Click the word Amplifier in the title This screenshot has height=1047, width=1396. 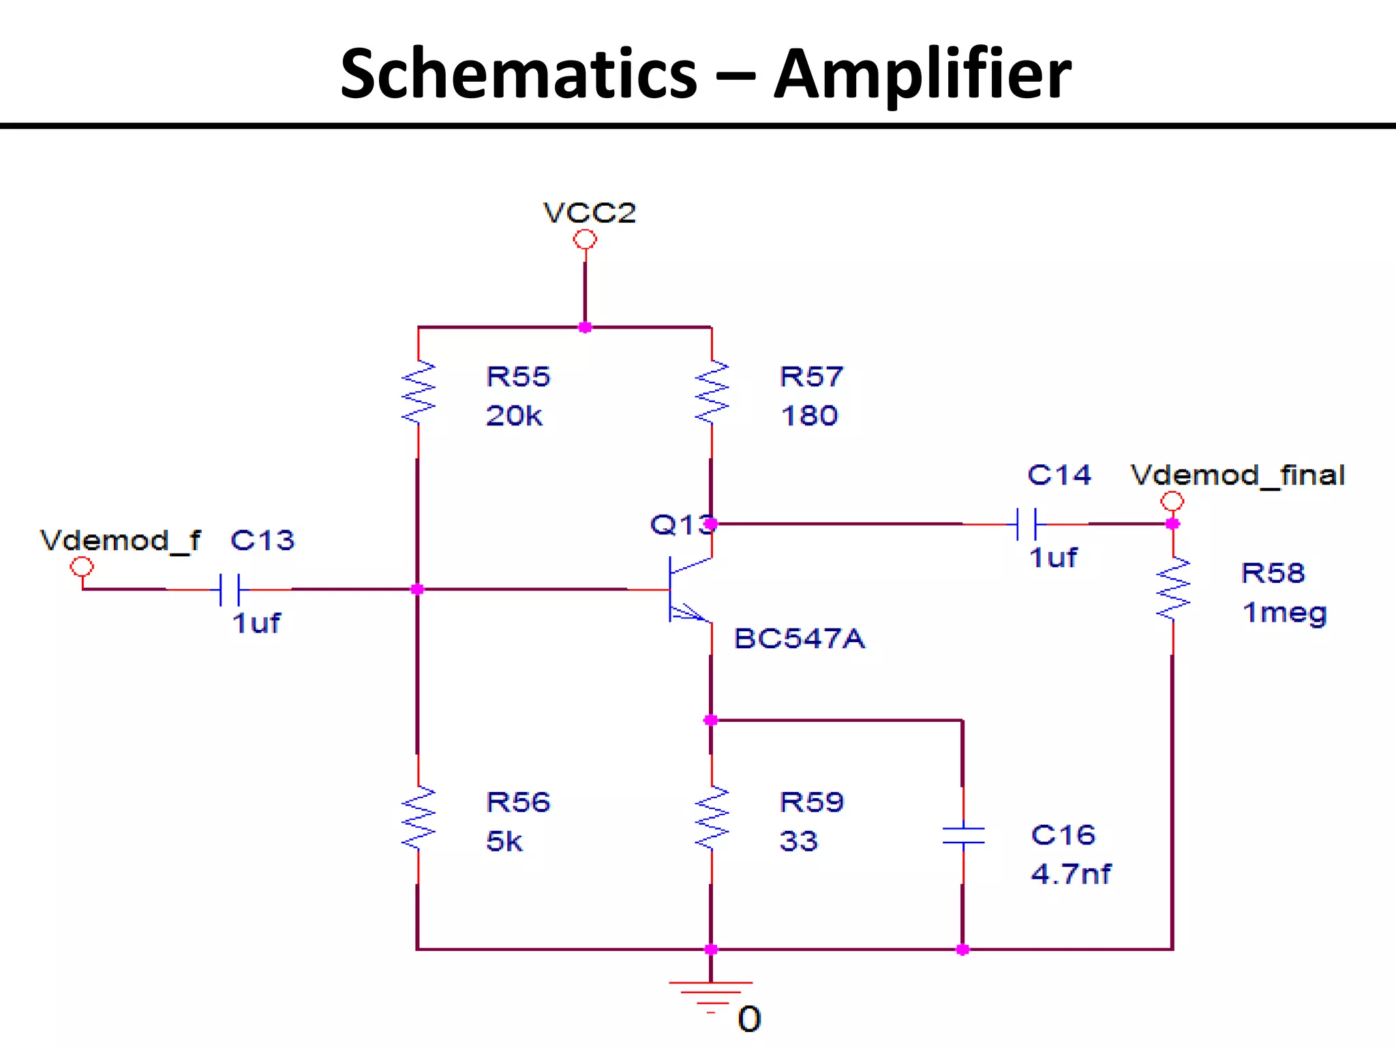point(922,74)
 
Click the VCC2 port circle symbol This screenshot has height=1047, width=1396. point(585,239)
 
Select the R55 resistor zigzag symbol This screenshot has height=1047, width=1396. point(418,393)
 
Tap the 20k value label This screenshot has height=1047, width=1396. point(514,416)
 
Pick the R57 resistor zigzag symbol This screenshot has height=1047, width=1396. point(712,393)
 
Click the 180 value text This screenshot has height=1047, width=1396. point(809,416)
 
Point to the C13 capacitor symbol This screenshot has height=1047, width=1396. point(230,590)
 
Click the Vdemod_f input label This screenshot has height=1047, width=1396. point(120,541)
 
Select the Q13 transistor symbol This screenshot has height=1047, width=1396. point(685,589)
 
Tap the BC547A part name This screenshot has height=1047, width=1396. point(799,639)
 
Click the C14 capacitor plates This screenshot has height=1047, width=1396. point(1026,524)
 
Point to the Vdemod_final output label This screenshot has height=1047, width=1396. point(1237,475)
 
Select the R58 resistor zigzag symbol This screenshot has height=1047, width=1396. point(1173,589)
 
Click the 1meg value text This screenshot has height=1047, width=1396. point(1284,613)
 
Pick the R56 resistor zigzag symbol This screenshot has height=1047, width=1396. point(418,818)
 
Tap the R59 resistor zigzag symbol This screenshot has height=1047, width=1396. point(712,818)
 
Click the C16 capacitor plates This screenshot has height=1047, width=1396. point(963,836)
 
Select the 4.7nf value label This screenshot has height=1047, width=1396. point(1071,874)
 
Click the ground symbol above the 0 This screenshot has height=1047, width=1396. point(710,992)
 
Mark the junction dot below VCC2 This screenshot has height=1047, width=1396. point(585,328)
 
